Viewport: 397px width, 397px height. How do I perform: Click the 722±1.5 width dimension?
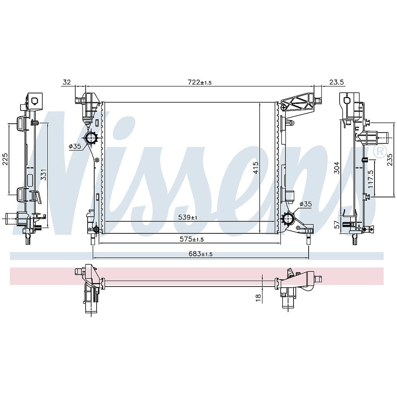pos(200,82)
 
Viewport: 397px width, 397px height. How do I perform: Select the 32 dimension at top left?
pos(67,82)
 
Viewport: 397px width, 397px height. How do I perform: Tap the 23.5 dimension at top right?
pos(337,82)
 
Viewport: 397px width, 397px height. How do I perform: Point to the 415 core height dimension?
pos(256,167)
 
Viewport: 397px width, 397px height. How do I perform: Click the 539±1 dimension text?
pos(188,217)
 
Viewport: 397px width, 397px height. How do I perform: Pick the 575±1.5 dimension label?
pos(192,239)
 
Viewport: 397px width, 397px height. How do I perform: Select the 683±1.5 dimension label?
pos(200,254)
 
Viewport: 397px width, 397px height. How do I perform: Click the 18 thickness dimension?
pos(258,297)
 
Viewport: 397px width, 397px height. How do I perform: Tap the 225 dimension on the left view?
pos(5,159)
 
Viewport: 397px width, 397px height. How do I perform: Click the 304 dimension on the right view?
pos(337,167)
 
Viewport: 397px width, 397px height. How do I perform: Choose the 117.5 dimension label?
pos(371,179)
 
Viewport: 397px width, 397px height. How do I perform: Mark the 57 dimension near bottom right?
pos(337,224)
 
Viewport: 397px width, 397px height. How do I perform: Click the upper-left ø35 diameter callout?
pos(75,146)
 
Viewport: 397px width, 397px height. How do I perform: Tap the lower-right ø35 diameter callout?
pos(306,204)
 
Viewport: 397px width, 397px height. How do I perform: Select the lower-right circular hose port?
pos(288,218)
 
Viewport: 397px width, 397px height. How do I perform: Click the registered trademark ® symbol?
pos(380,152)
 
